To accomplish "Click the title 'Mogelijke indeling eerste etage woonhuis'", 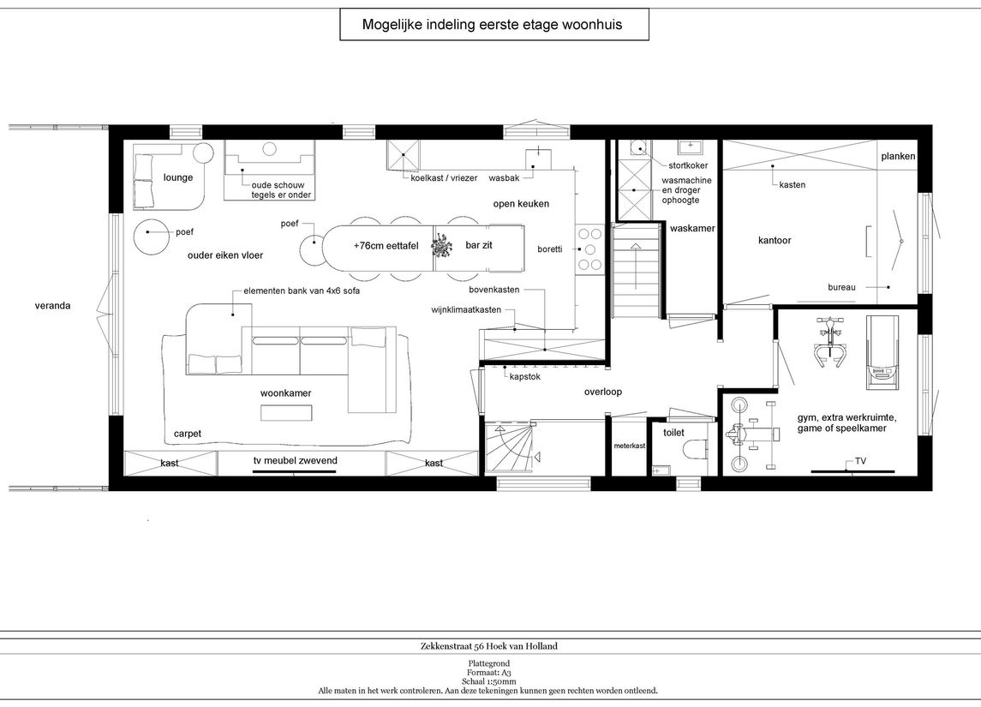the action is [x=493, y=24].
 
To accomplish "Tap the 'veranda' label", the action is [x=52, y=306].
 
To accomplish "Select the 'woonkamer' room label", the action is [x=285, y=393].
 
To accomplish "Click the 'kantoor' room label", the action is [x=775, y=240].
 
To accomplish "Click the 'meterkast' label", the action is [x=630, y=446].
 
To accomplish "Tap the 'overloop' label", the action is [x=603, y=392].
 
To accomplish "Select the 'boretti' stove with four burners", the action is [x=589, y=249].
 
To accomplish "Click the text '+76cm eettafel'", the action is [x=386, y=246].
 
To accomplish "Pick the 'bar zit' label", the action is [x=479, y=245].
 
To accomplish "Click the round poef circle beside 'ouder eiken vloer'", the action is [x=150, y=237].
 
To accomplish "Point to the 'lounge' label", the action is [x=178, y=177].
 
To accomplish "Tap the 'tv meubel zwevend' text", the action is [x=296, y=460].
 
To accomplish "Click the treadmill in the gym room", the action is [x=882, y=352].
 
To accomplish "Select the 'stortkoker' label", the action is [x=688, y=165].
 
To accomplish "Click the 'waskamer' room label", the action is [x=692, y=228].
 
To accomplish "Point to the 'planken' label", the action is [x=899, y=157].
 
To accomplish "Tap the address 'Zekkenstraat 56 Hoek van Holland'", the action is [x=488, y=646].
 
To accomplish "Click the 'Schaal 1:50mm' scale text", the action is [x=489, y=681].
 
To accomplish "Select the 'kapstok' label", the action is [x=525, y=377].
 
